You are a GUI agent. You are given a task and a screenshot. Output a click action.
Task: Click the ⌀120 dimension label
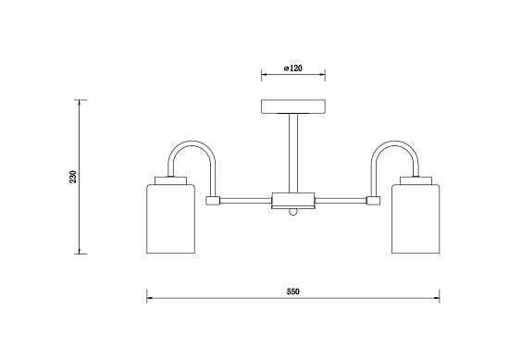point(292,68)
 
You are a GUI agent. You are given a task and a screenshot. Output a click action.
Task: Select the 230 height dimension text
point(73,177)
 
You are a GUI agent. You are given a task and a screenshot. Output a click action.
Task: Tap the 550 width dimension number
point(293,292)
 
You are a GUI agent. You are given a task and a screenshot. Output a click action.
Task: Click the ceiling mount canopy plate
point(293,106)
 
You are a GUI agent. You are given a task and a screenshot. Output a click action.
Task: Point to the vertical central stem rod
point(293,154)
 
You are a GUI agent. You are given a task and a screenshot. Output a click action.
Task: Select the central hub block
point(293,199)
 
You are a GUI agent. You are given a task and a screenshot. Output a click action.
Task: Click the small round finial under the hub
point(293,212)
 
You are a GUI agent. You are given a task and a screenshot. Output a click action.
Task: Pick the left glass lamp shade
point(171,218)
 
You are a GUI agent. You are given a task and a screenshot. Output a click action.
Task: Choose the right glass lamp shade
point(416,218)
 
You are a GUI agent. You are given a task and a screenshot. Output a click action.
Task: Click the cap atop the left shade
point(171,180)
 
